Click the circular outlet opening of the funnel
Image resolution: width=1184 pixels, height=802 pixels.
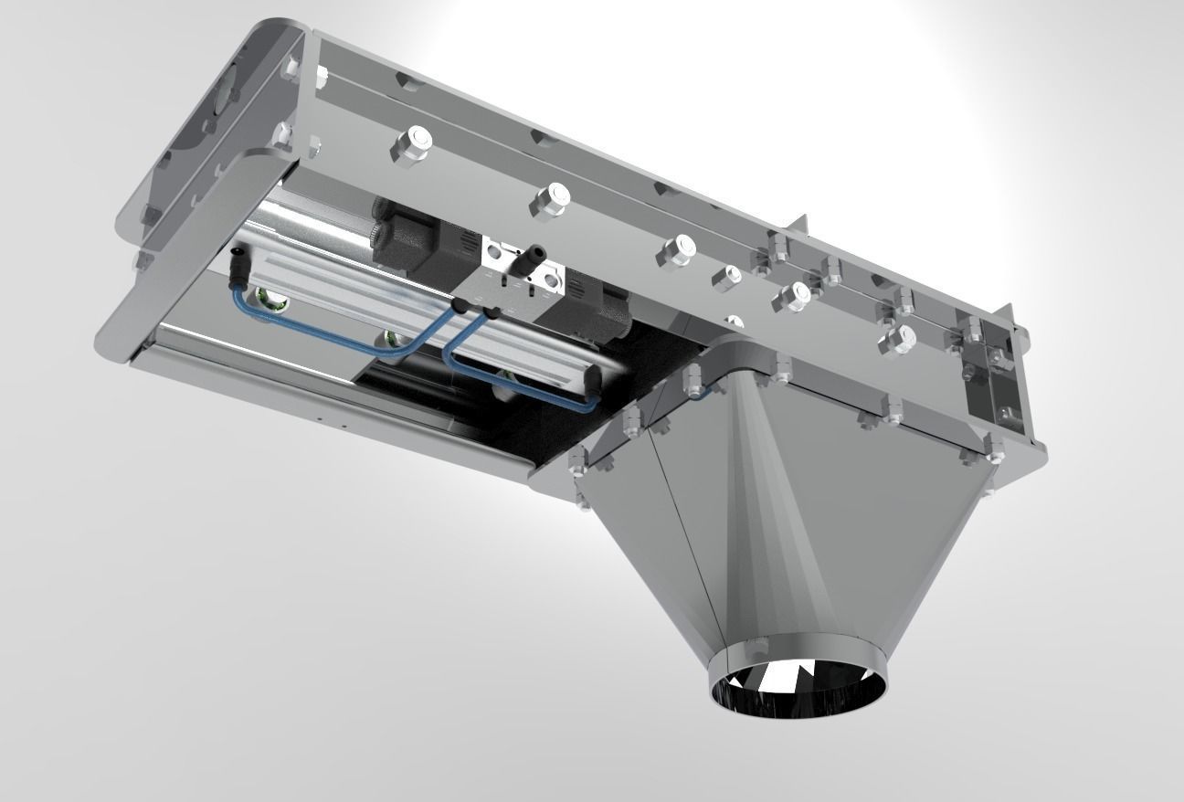tap(798, 686)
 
